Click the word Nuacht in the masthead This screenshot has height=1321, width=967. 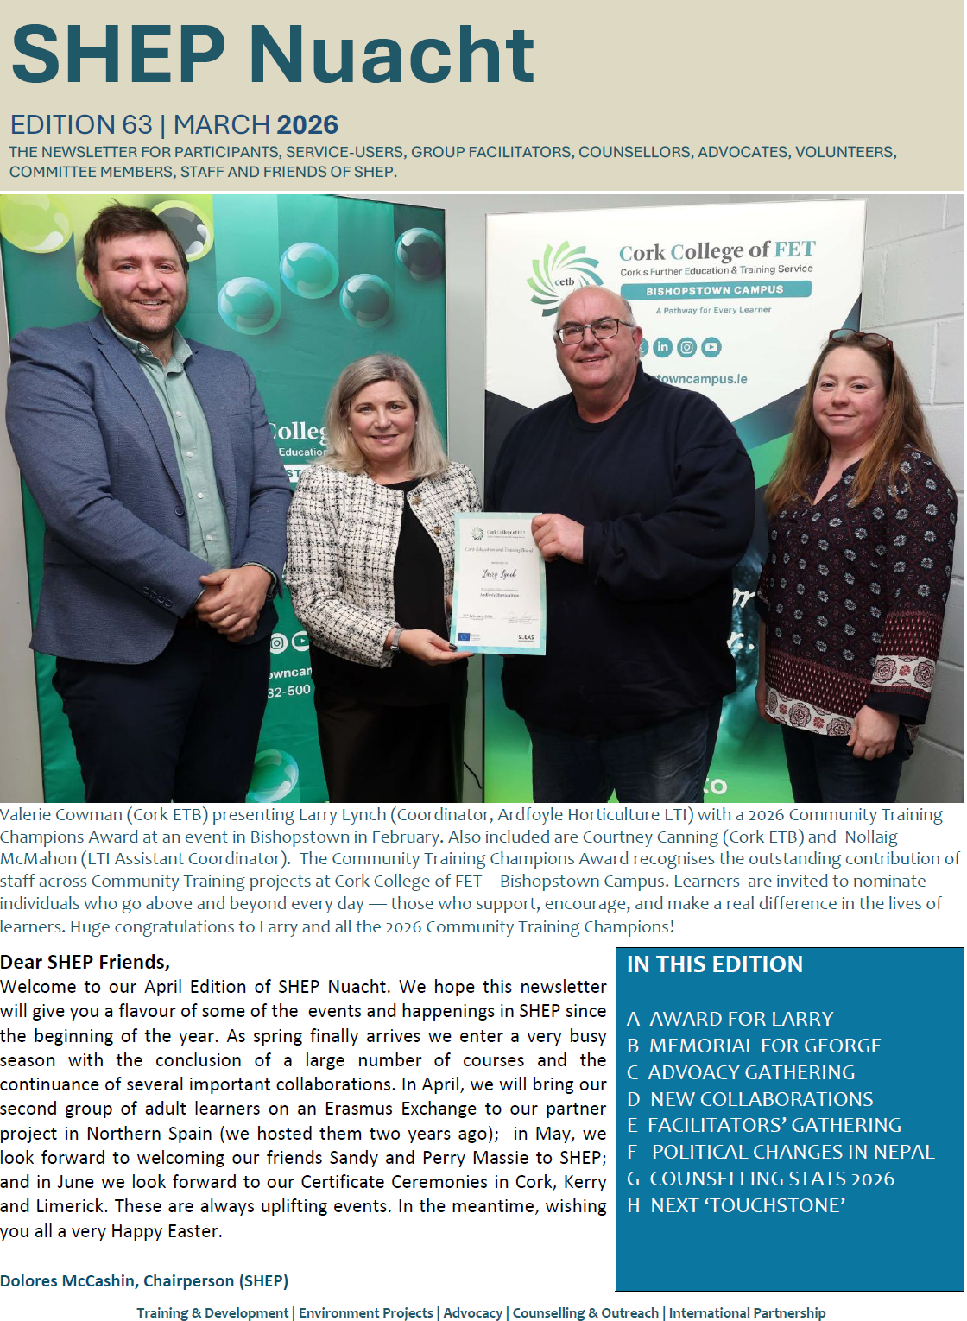(x=393, y=54)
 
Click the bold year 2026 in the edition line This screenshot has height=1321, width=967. (x=307, y=125)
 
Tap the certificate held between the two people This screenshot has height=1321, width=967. (x=498, y=583)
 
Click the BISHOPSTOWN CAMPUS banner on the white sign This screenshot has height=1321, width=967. (x=715, y=290)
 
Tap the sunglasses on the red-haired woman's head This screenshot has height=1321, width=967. (x=860, y=338)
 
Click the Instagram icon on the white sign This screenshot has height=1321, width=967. (x=686, y=347)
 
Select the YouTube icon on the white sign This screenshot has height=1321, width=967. (x=711, y=347)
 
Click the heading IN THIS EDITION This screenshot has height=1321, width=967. (x=715, y=964)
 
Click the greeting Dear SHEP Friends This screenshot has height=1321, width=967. (x=85, y=962)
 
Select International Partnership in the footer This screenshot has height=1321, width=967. (x=747, y=1312)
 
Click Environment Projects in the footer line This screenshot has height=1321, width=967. (x=366, y=1312)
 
